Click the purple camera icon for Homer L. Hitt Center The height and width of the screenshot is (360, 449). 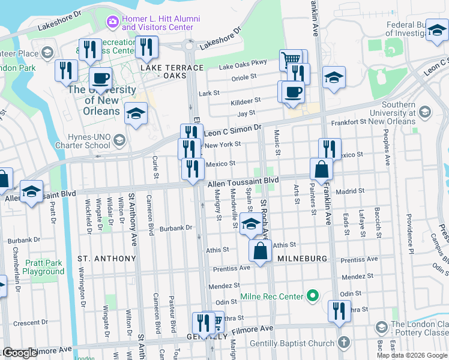coord(112,22)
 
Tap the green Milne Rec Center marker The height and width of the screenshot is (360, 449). coord(312,296)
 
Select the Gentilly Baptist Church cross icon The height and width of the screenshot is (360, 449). coord(343,343)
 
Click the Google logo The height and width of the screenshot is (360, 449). coord(20,353)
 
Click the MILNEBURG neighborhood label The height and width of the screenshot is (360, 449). coord(302,258)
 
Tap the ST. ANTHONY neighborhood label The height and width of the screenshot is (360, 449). coord(107,258)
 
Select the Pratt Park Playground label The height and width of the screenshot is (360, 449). coord(43,267)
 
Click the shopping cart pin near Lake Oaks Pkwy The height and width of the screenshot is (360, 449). coord(291,60)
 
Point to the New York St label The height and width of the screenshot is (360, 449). coord(222,144)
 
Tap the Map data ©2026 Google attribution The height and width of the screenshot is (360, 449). coord(412,355)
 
